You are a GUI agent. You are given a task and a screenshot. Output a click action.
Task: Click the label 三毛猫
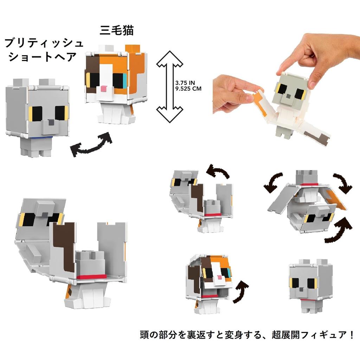point(117,31)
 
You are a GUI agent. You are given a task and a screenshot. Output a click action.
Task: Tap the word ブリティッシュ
point(44,43)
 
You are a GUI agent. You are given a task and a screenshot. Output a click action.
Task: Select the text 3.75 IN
point(185,83)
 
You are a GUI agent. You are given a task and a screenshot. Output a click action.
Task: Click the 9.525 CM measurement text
point(188,89)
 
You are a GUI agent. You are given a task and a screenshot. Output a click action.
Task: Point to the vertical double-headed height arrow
point(170,86)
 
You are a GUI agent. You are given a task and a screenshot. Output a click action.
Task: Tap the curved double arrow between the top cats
point(92,144)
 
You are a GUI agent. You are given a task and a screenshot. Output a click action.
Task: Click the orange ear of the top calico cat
point(133,49)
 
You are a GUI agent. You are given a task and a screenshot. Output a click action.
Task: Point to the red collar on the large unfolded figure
point(92,277)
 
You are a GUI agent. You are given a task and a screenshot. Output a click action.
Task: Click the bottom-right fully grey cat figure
point(311,286)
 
